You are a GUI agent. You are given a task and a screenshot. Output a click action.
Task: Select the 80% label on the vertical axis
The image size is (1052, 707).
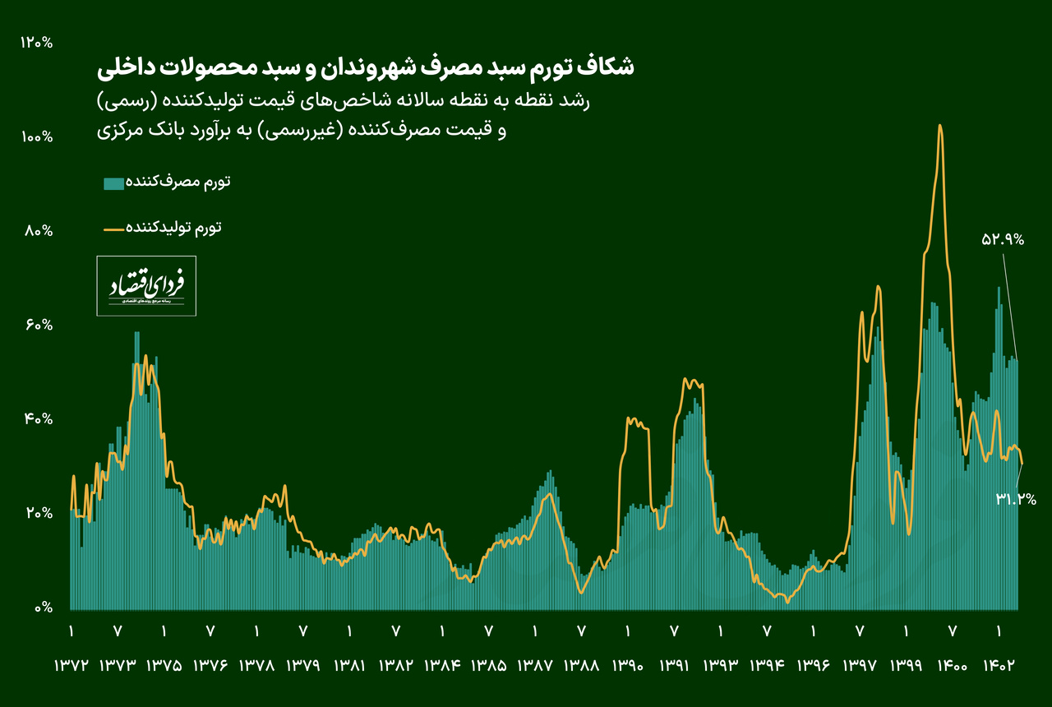coord(39,231)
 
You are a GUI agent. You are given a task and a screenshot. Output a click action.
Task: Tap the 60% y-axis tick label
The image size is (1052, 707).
coord(39,326)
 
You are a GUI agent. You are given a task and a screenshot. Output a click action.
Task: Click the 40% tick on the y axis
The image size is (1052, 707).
coord(39,419)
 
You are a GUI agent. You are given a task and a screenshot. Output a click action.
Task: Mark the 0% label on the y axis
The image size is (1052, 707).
coord(43,608)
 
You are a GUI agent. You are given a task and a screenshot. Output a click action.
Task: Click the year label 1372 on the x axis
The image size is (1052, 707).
coord(71,665)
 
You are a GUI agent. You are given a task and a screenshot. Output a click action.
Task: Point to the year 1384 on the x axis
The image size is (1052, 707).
coord(442,665)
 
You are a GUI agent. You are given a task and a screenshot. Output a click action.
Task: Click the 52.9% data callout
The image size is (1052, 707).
coord(1003,240)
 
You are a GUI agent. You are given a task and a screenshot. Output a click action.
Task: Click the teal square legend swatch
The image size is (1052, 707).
coord(113,183)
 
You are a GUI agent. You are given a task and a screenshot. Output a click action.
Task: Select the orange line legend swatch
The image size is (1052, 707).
coord(113,228)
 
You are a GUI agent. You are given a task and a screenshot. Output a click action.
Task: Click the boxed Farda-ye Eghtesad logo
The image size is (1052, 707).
coord(146,286)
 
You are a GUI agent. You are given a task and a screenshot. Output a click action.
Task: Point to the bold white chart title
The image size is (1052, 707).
coord(365,67)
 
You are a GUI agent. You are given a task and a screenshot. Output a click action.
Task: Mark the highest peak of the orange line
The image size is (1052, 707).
coord(939,126)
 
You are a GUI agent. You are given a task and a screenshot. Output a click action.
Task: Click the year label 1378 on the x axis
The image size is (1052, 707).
coord(256,665)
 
